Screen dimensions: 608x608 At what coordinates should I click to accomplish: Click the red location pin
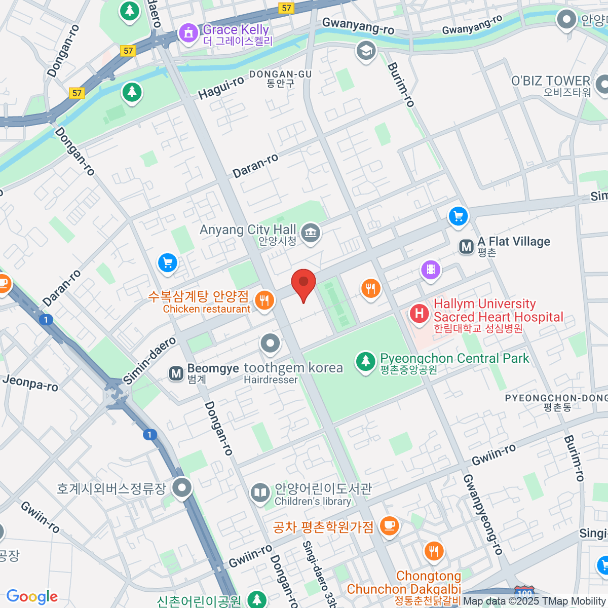click(303, 283)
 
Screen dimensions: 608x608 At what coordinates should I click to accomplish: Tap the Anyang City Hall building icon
click(310, 233)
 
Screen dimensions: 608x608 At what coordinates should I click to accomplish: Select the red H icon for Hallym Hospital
click(419, 313)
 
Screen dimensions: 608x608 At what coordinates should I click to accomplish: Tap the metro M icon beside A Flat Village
click(466, 247)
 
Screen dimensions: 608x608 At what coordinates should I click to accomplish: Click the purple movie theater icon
click(431, 269)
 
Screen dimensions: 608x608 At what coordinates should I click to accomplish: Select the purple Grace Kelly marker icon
click(188, 33)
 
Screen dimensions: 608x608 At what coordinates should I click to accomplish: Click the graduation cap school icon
click(366, 50)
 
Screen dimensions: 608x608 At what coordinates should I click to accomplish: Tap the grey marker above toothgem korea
click(270, 343)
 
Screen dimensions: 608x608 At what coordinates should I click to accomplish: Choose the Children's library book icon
click(260, 492)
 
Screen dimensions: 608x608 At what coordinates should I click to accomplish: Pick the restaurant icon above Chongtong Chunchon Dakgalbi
click(433, 550)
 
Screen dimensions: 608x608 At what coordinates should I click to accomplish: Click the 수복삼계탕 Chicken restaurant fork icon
click(264, 300)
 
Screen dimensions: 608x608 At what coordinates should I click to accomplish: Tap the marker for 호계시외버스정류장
click(182, 488)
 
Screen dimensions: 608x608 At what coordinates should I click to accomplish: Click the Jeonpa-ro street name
click(30, 383)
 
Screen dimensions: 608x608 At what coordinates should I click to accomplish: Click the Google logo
click(32, 596)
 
